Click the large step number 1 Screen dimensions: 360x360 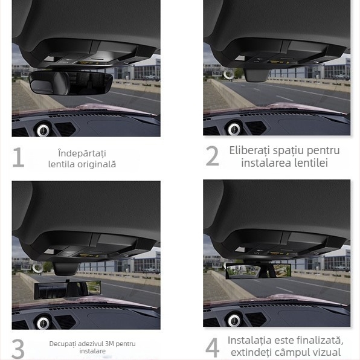click(19, 157)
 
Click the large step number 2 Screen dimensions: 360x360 click(212, 156)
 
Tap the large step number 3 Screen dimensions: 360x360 click(19, 349)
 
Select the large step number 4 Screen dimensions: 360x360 click(212, 348)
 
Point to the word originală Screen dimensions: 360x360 click(97, 164)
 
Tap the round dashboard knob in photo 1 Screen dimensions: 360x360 click(43, 129)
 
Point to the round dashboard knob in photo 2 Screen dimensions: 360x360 click(234, 128)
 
